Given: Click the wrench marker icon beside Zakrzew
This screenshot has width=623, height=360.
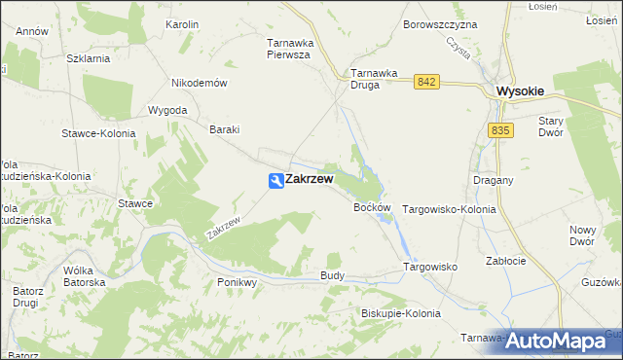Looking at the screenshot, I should [275, 180].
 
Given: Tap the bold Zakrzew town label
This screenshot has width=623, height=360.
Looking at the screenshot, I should [309, 180].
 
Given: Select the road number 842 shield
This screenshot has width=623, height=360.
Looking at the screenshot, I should [424, 83].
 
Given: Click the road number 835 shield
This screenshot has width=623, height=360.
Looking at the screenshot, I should [500, 130].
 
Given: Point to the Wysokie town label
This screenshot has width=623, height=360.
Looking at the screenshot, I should [520, 90].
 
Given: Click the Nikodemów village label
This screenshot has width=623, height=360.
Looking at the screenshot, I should [199, 83].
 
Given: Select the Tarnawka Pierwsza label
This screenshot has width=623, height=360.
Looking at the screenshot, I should [288, 49].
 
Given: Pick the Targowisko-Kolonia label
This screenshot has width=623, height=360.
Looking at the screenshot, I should [449, 209].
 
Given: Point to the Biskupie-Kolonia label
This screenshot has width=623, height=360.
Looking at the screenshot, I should [400, 314].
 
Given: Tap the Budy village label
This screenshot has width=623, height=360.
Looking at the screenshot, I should [332, 276].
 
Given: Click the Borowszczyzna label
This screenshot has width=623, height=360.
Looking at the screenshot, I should [440, 23].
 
